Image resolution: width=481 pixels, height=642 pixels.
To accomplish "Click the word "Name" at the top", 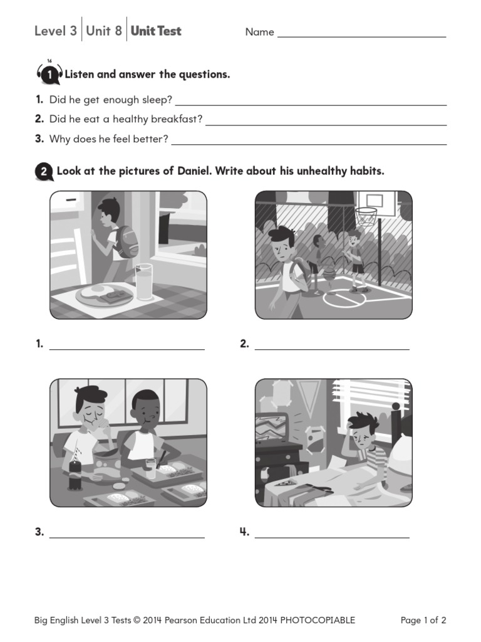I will tap(259, 32).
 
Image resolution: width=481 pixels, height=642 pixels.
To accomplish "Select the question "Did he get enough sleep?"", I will tap(111, 100).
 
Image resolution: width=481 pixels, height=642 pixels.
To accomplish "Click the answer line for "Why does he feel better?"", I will tap(309, 144).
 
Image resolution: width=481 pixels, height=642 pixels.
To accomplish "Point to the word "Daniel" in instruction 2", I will tap(193, 171).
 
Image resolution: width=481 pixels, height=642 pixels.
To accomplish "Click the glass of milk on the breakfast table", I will tap(143, 282).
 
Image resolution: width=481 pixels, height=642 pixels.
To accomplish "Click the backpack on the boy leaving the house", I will tap(126, 241).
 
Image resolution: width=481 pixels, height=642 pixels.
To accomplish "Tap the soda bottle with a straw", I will tap(75, 470).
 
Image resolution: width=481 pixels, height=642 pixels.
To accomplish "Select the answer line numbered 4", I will tap(332, 537).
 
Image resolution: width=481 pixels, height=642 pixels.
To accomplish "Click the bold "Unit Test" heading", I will tap(156, 31).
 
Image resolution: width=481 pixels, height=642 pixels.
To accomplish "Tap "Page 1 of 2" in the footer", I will tap(423, 621).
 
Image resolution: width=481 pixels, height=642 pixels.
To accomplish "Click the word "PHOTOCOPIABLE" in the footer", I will tap(318, 621).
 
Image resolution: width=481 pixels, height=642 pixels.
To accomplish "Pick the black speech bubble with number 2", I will tap(44, 172).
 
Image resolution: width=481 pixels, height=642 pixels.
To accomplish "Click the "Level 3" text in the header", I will tap(56, 31).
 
